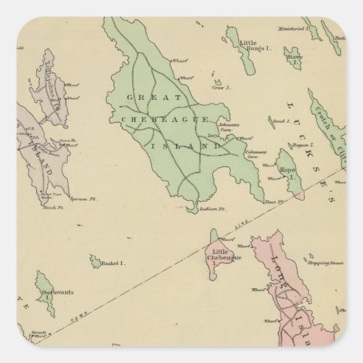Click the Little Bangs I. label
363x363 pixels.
251,47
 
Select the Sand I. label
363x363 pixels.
279,120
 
